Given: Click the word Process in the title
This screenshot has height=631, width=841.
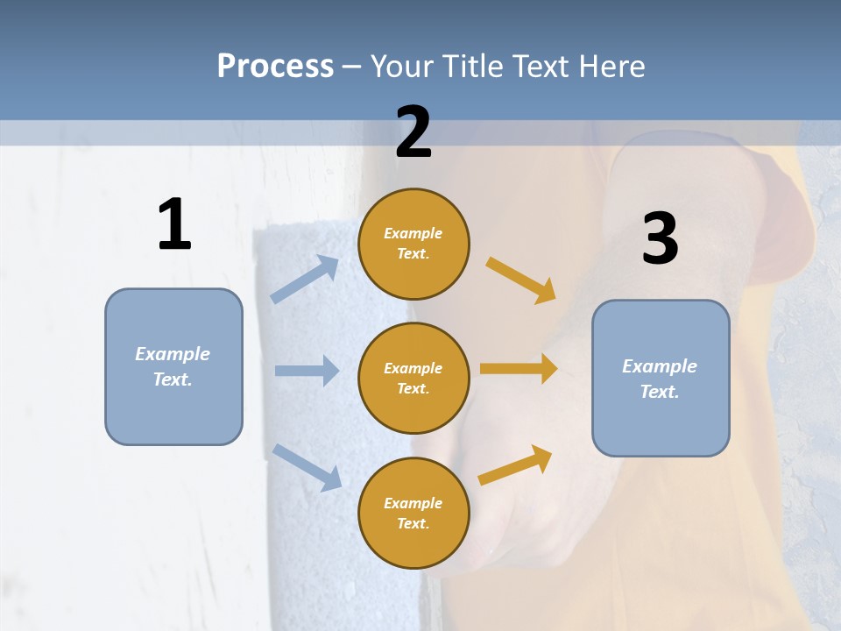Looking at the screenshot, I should pos(275,66).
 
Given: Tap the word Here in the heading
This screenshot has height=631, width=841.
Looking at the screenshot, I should pos(608,66).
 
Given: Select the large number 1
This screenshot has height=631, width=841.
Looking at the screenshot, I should pos(174,224).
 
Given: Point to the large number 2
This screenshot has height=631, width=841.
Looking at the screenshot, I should pos(413,132).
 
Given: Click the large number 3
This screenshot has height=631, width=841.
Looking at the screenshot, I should pos(660,238).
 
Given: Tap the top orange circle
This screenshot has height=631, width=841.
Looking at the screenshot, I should pos(413,244).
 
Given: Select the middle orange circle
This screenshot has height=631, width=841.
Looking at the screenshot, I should pos(413,379).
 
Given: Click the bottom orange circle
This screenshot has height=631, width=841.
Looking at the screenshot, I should pos(413,514).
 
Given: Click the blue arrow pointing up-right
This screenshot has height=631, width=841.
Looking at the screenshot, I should pos(305,280).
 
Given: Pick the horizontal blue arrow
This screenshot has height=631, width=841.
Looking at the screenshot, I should pos(307,371).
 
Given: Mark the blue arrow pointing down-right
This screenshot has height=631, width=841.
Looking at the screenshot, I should pos(307,467).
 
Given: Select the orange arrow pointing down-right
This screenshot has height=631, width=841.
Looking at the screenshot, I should pos(521,280).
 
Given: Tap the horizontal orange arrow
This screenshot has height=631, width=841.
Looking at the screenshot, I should pos(519,369).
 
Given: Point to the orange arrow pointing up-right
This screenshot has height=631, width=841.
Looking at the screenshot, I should pos(515,465).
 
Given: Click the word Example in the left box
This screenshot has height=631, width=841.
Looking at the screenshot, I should pos(173,354).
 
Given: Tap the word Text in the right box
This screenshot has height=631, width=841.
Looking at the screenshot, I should pos(659,392).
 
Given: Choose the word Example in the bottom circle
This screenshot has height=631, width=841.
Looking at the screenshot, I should pos(413,503).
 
